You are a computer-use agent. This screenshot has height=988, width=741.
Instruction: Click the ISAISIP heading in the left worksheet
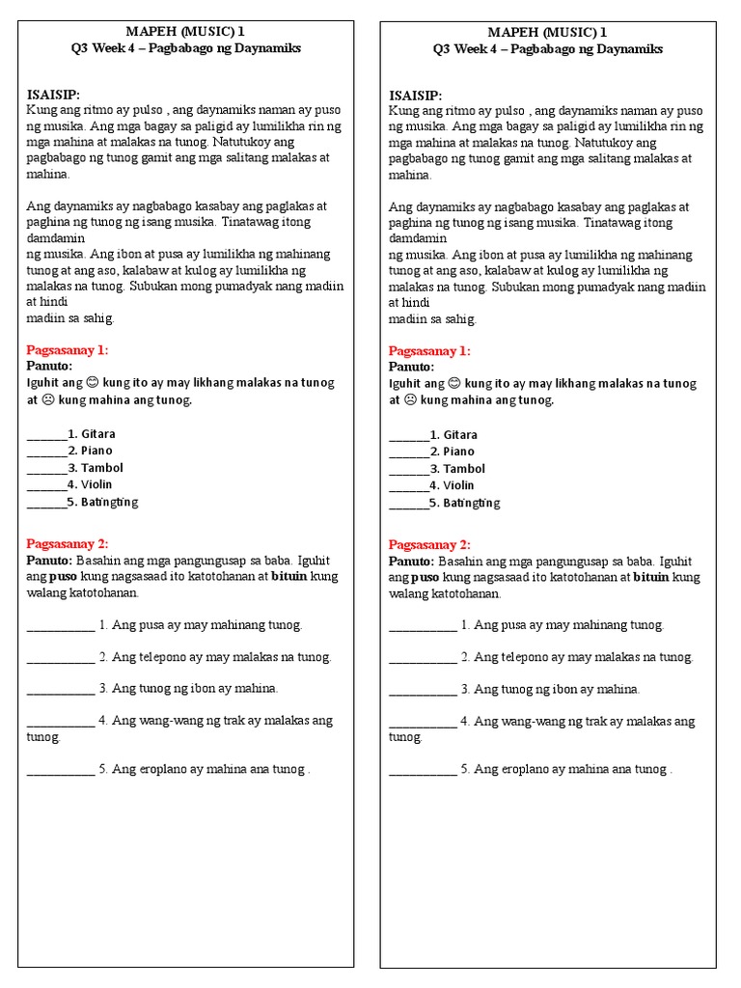(53, 95)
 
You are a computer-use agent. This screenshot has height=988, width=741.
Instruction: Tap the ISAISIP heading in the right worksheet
(415, 96)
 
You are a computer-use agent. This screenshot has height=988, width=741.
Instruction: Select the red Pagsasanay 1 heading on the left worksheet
(67, 349)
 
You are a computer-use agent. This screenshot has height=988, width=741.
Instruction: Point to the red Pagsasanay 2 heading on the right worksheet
(429, 544)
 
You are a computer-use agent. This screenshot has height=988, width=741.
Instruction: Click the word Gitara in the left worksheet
(98, 433)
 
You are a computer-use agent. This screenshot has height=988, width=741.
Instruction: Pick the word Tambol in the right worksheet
(464, 469)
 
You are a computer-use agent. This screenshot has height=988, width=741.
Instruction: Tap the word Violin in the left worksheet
(96, 484)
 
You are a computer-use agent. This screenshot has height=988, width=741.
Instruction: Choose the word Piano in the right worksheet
(458, 452)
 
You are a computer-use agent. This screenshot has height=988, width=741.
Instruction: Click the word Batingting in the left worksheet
(110, 502)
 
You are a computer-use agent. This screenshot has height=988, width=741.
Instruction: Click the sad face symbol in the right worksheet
(409, 399)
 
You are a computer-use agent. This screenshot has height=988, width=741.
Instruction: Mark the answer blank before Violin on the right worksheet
(408, 486)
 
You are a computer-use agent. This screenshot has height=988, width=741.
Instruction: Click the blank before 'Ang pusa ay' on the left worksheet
(61, 626)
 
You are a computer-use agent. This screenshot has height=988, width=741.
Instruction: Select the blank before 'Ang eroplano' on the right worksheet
(423, 771)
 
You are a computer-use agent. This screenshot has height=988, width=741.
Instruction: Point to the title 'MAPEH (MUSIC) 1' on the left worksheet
(185, 32)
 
